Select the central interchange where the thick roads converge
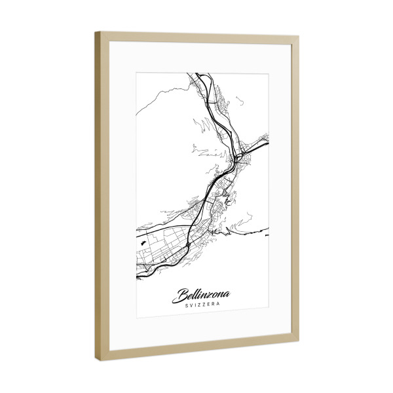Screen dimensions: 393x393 [237, 158]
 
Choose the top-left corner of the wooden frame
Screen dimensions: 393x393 [98, 33]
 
